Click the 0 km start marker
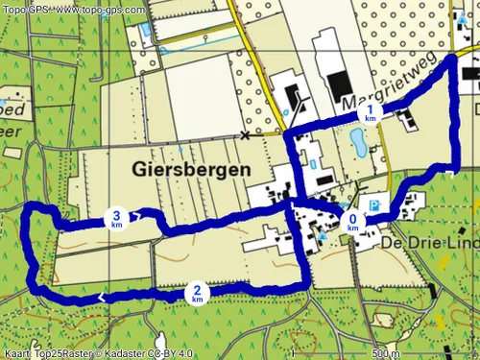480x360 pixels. (x=353, y=222)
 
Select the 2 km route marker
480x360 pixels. (x=196, y=294)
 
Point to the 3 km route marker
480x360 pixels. (x=116, y=220)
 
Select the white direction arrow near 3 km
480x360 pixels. (x=140, y=215)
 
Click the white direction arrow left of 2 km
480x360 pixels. (x=101, y=299)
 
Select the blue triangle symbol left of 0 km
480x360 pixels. (x=324, y=234)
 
